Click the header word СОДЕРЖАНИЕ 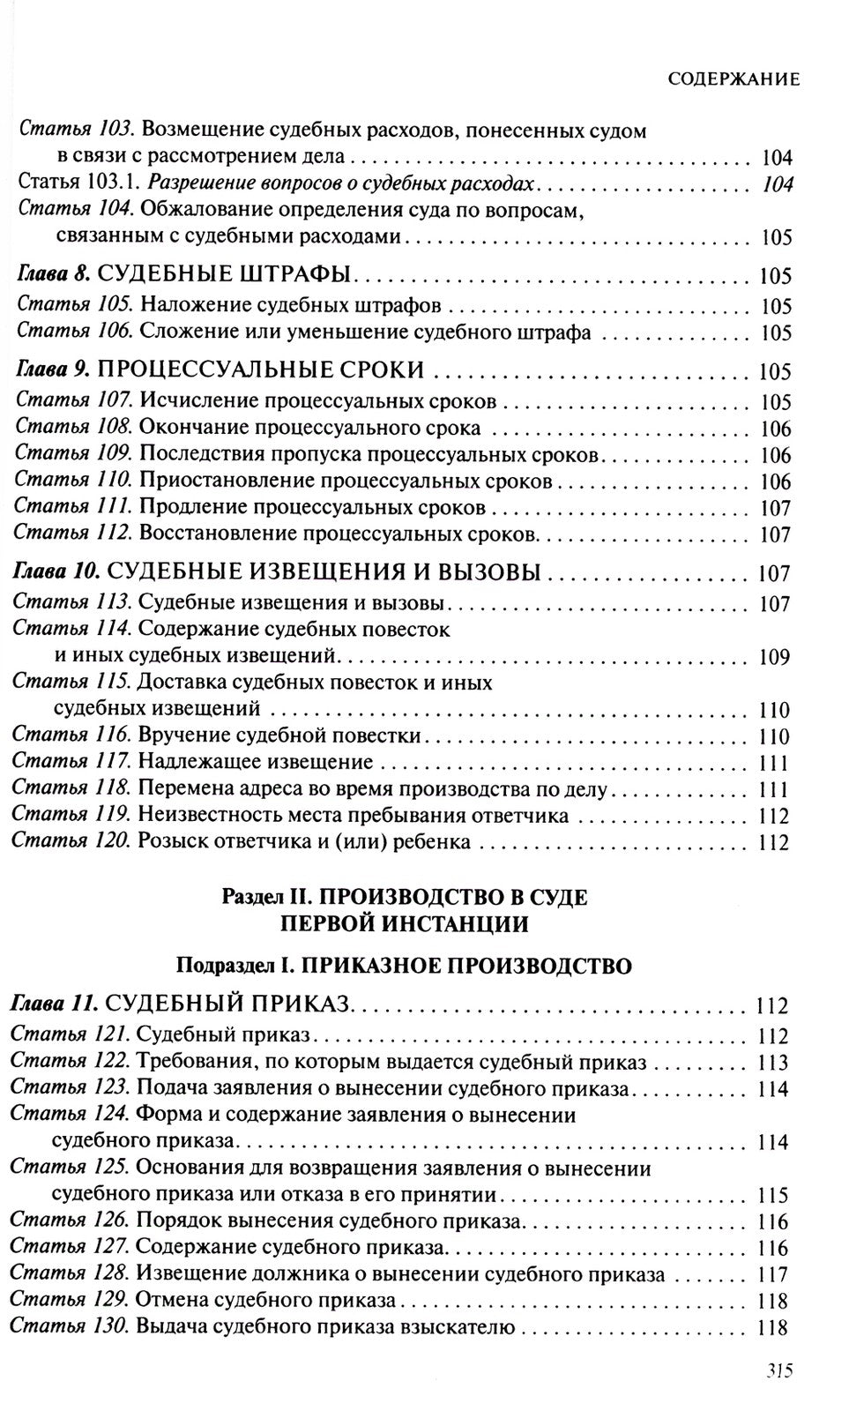734,79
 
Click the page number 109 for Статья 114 775,657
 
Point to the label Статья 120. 71,841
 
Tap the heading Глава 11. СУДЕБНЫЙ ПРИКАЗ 182,1004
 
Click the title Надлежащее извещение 256,762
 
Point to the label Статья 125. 71,1168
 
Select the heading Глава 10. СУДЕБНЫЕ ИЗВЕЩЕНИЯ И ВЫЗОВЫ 279,571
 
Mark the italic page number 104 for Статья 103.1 775,184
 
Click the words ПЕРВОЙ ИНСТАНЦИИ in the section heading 405,924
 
